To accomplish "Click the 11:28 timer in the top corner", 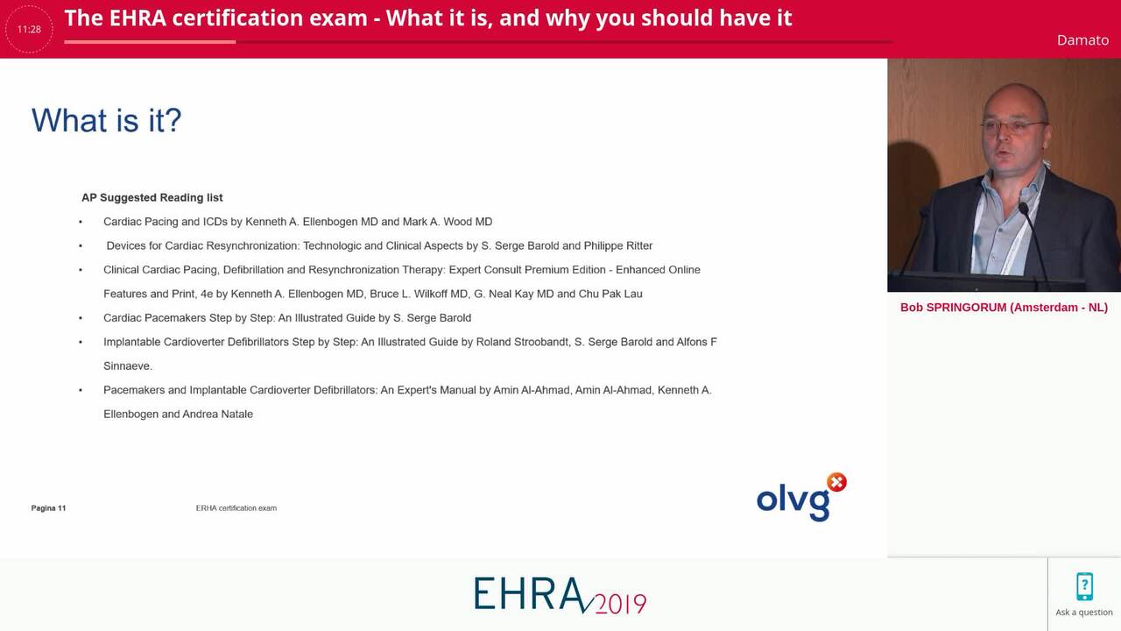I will point(29,29).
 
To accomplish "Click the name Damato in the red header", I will point(1082,40).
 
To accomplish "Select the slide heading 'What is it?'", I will point(106,120).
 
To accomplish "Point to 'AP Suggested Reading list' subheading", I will point(152,198).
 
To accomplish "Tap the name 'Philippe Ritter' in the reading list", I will point(618,245).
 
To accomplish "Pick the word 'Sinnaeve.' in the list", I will point(128,365).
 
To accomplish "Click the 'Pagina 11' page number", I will point(48,508).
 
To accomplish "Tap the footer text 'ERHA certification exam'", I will point(236,508).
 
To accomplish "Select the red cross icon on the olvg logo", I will point(836,482).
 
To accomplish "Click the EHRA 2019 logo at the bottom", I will point(560,595).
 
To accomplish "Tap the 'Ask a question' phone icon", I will point(1084,586).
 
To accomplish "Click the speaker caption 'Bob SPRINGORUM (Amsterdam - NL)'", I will point(1004,308).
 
